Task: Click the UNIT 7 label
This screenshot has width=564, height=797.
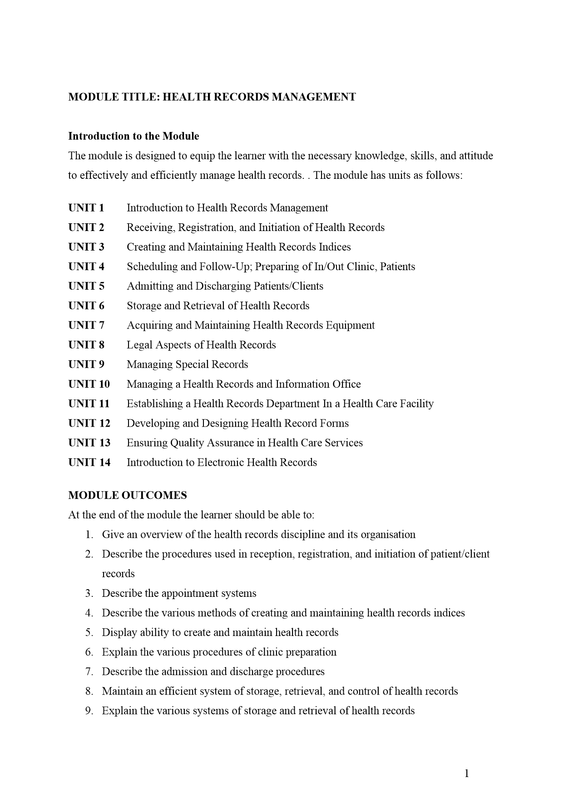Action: coord(86,325)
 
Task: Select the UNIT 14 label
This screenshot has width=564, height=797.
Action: coord(89,462)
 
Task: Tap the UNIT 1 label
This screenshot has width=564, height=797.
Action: coord(86,208)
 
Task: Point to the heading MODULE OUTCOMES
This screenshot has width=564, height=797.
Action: coord(127,495)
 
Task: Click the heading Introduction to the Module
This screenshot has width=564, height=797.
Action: coord(134,136)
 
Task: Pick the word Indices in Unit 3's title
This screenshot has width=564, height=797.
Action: coord(335,247)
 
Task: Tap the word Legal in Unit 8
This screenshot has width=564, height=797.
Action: coord(139,345)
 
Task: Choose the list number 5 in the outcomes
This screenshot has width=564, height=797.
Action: coord(89,633)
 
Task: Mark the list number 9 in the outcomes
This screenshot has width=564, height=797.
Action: coord(89,711)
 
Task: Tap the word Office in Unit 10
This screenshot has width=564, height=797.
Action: coord(346,384)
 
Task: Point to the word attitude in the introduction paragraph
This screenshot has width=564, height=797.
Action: coord(476,156)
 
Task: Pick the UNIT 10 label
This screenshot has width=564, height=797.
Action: coord(89,384)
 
